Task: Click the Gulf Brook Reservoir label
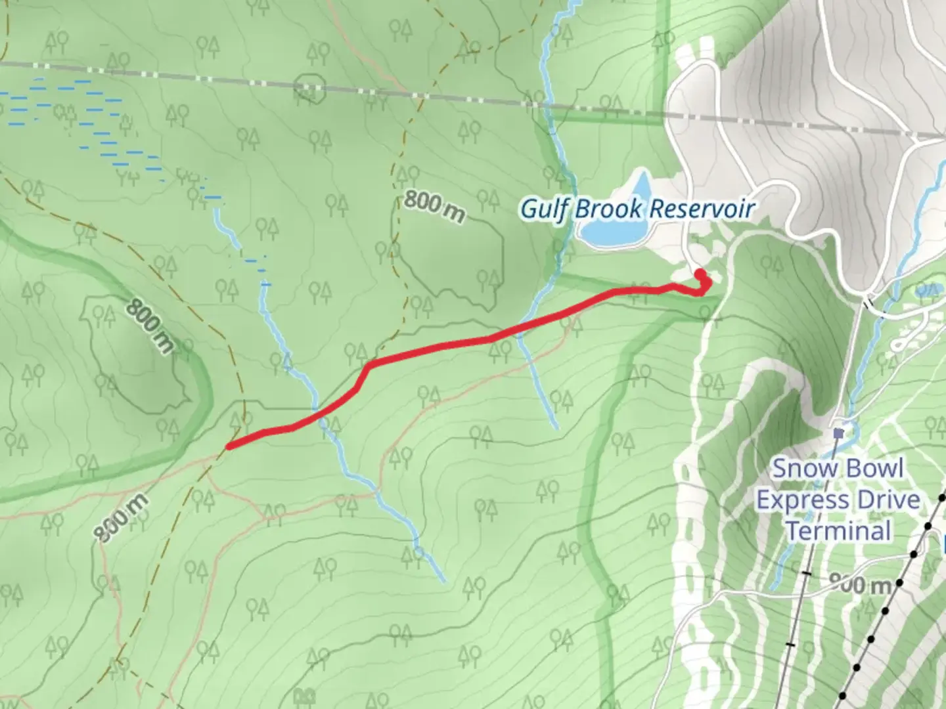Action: (637, 209)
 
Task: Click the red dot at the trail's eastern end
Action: (700, 274)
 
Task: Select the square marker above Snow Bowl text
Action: (838, 433)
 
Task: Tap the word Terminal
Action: (838, 530)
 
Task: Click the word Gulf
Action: (544, 209)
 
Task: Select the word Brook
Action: (609, 209)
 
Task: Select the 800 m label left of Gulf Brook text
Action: (434, 206)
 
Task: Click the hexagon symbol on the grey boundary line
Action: (309, 87)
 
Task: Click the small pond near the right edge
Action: (928, 289)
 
